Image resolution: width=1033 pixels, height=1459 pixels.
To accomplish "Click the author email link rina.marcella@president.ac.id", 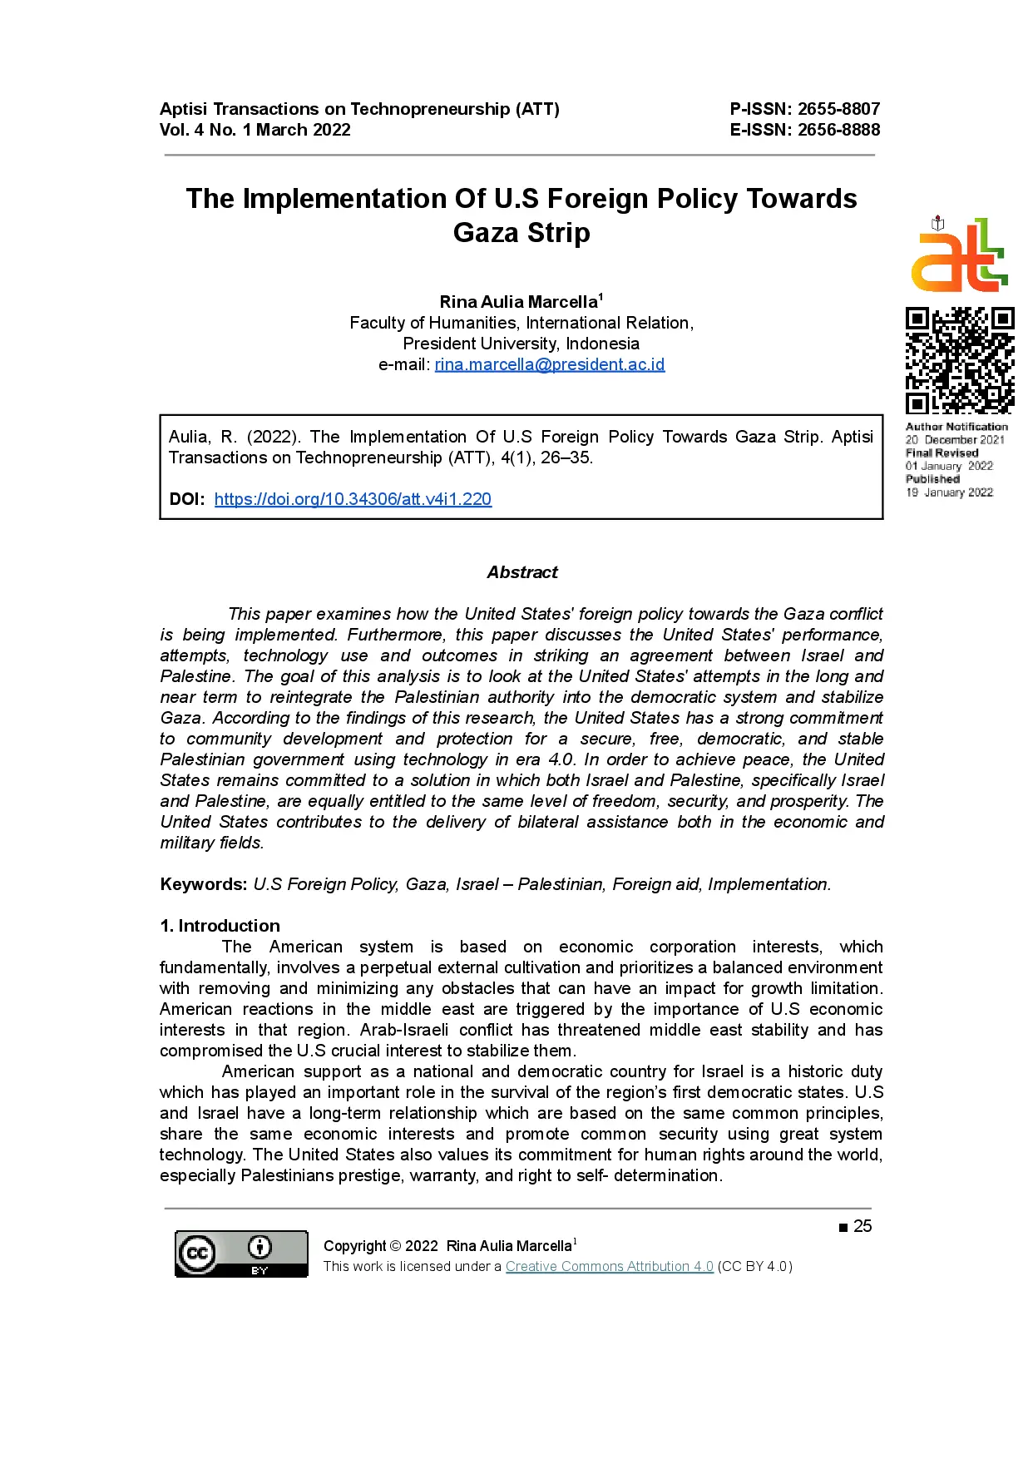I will [x=549, y=364].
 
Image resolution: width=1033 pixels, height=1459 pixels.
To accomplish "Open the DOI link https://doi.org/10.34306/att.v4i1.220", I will [x=353, y=499].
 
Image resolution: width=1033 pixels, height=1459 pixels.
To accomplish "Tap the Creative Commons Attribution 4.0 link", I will [x=609, y=1266].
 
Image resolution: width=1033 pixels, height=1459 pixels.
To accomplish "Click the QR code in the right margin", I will [x=959, y=360].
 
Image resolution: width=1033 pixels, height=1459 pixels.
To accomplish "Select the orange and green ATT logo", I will [x=959, y=256].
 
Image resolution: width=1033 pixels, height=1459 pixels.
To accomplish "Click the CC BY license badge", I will [x=241, y=1254].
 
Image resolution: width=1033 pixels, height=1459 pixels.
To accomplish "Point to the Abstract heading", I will [x=522, y=572].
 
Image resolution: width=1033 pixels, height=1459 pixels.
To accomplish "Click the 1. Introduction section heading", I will [x=220, y=926].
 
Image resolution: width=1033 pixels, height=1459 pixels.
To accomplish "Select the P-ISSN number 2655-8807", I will [x=838, y=109].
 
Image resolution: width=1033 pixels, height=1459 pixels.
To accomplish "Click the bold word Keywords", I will [x=203, y=884].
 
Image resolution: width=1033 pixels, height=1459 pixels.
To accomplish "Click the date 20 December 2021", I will [x=955, y=440].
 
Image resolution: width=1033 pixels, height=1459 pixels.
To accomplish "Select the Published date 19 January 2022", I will [x=950, y=492].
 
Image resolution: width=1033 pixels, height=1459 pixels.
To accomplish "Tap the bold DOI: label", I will [x=187, y=499].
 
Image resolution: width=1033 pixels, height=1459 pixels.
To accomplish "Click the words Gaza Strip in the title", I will [x=521, y=233].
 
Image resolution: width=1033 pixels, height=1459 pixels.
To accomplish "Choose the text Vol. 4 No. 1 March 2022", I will [x=255, y=130].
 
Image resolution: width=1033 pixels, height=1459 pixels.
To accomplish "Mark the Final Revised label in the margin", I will [x=942, y=453].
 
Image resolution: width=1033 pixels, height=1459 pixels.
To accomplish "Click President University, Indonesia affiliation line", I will [x=521, y=344].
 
